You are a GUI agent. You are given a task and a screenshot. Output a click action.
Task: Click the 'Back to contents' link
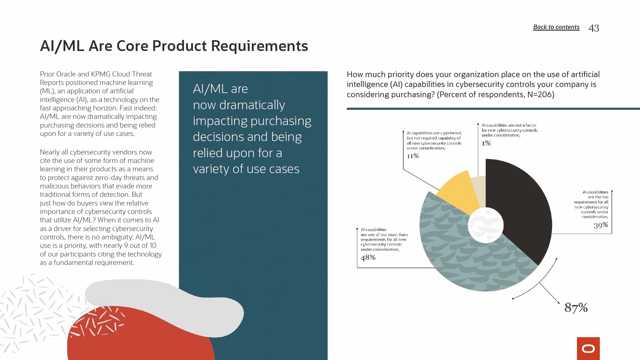pyautogui.click(x=556, y=27)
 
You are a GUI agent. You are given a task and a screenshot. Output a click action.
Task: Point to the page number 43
pyautogui.click(x=594, y=28)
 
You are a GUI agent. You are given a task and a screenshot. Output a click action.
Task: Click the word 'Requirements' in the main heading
pyautogui.click(x=260, y=46)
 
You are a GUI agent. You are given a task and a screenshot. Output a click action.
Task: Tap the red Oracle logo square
pyautogui.click(x=588, y=349)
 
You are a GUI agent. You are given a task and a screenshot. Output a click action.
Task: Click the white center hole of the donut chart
pyautogui.click(x=485, y=225)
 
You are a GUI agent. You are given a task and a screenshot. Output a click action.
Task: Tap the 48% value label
pyautogui.click(x=368, y=257)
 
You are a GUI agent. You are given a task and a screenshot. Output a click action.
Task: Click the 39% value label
pyautogui.click(x=601, y=225)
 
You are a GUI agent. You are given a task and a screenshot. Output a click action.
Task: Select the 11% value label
pyautogui.click(x=413, y=156)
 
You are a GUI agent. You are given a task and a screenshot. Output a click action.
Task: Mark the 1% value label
pyautogui.click(x=486, y=143)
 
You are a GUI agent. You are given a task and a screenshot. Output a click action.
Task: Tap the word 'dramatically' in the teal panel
pyautogui.click(x=252, y=105)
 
